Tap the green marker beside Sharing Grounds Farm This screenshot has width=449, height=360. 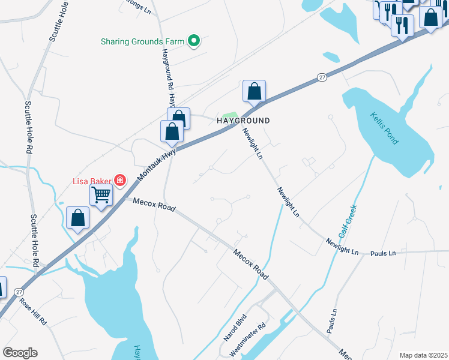(x=194, y=41)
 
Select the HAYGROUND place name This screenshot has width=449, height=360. (x=243, y=121)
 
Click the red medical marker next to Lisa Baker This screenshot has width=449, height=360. (x=120, y=180)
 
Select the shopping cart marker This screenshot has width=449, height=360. (x=101, y=194)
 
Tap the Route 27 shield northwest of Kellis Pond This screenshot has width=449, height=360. (x=322, y=77)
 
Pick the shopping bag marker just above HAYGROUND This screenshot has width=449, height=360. (x=254, y=92)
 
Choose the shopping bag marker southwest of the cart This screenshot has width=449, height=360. (x=78, y=218)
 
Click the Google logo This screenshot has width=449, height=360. (x=20, y=353)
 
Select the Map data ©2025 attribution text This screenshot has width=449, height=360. (x=423, y=355)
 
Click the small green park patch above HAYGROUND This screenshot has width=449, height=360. (x=230, y=115)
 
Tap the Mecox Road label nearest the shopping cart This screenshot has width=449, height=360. (x=154, y=205)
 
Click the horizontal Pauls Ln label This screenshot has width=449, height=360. (x=383, y=253)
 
